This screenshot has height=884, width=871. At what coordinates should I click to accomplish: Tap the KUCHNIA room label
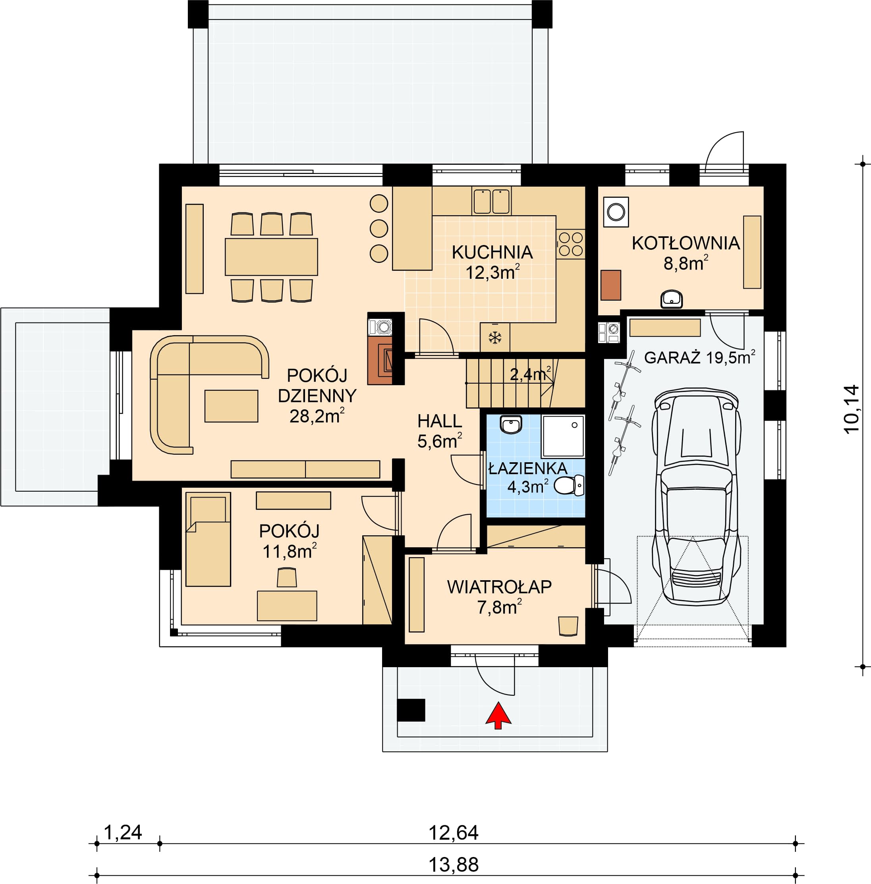click(492, 253)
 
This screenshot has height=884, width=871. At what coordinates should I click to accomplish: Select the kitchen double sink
click(492, 201)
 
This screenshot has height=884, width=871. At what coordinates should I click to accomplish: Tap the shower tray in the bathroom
click(563, 436)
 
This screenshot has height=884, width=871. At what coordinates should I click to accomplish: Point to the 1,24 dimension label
click(124, 832)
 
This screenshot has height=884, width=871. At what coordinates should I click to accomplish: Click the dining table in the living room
click(271, 257)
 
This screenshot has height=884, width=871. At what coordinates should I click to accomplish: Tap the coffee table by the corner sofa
click(231, 405)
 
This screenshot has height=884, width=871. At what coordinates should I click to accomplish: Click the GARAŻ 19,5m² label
click(699, 357)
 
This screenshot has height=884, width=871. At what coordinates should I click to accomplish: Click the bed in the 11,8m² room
click(208, 539)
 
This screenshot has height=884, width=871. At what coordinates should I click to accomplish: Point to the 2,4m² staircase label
click(530, 374)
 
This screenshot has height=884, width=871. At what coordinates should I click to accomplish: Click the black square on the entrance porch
click(411, 710)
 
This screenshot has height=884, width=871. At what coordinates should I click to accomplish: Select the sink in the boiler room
click(672, 299)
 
